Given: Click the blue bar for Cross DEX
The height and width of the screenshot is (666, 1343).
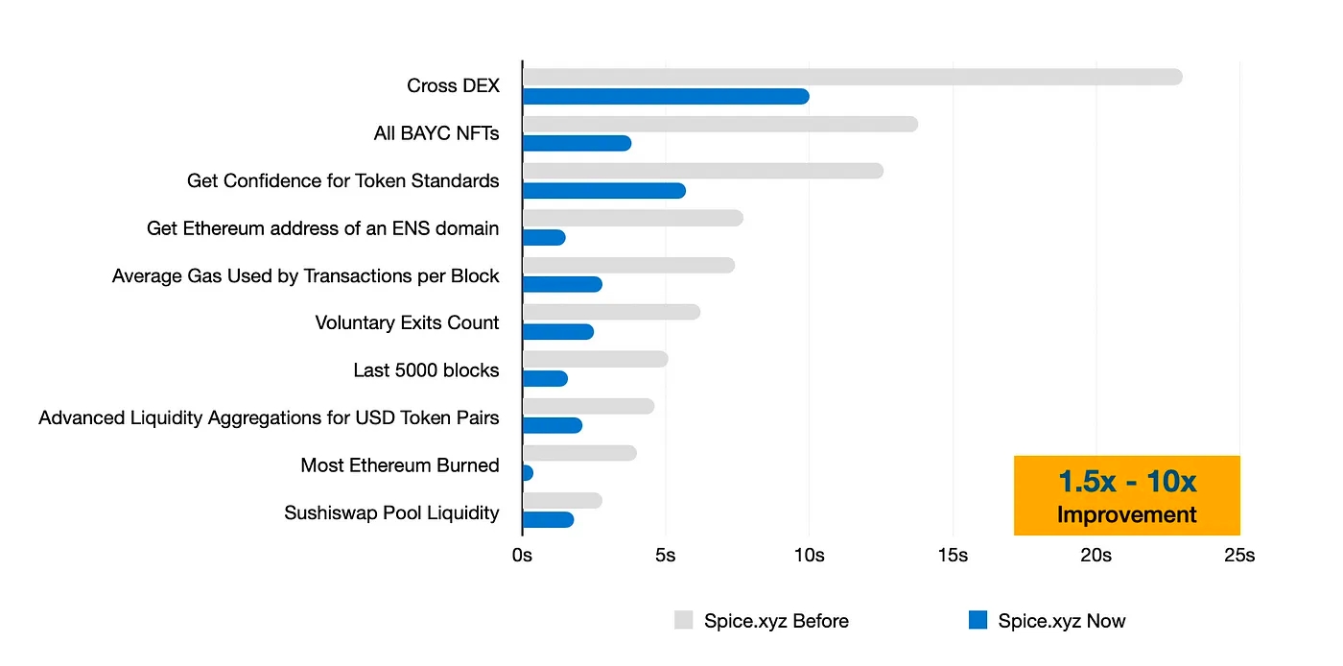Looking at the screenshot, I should coord(666,96).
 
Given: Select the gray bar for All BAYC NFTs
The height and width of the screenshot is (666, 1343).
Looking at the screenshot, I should coord(719,124).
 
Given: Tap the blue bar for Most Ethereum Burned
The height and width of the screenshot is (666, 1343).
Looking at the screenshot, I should coord(528,473).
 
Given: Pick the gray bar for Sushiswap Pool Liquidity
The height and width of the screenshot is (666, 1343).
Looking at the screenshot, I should coord(562,501).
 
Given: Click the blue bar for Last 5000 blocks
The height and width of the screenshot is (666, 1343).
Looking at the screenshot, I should coord(545,379).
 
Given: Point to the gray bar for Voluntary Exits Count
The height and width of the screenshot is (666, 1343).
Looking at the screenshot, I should coord(611,312).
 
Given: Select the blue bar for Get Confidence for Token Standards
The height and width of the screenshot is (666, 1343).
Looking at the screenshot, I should coord(604,190).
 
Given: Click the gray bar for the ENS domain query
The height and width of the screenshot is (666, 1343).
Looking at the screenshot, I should coord(633,218).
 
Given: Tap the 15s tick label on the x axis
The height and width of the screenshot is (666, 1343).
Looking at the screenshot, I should coord(953,556).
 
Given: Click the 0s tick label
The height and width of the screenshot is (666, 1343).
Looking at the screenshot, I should coord(522,556).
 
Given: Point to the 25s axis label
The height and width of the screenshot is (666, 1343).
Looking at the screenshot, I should coord(1238,556).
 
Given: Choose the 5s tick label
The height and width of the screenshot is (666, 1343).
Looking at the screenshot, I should coord(665,556).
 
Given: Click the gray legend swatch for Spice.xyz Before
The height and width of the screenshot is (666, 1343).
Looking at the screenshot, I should coord(683,621).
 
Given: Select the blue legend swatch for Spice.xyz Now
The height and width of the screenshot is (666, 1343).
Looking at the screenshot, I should coord(978,621).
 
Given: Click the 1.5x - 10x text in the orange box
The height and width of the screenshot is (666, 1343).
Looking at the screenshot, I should coord(1127,481).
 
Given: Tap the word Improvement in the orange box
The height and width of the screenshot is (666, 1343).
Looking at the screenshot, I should coord(1127,514).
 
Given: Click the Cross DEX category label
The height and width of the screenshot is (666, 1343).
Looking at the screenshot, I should coord(453,85).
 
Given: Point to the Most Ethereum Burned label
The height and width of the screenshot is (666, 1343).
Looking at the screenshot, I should coord(400,465).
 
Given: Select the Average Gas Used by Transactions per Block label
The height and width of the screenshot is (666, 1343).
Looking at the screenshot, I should coord(306,276).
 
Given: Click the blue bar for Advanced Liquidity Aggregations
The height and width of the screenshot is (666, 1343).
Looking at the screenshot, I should coord(553,426).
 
